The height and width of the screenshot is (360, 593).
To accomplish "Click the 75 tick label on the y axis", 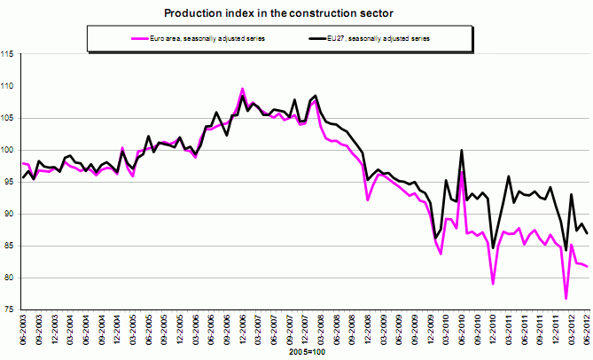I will (x=11, y=309).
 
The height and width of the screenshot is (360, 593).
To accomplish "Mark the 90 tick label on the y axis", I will (x=11, y=215).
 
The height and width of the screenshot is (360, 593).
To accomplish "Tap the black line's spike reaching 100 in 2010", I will (x=462, y=150).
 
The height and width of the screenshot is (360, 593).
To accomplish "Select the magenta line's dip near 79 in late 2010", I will (x=493, y=284).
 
